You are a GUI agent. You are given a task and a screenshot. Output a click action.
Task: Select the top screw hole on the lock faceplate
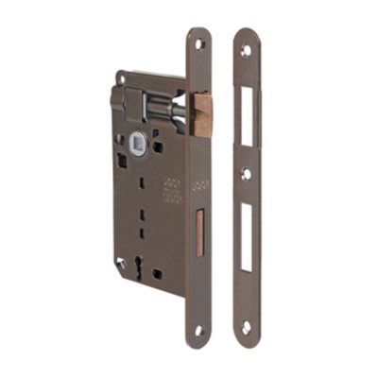coord(199,44)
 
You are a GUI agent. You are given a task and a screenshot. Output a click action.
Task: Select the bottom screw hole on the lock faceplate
coord(199,331)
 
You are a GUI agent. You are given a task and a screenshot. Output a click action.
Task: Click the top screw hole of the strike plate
coord(245,49)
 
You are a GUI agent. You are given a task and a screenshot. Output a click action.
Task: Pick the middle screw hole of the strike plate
coord(246,174)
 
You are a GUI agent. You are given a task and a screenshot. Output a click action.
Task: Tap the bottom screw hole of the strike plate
coord(246,327)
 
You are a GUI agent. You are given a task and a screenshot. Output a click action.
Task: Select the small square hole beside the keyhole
coord(157,273)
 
